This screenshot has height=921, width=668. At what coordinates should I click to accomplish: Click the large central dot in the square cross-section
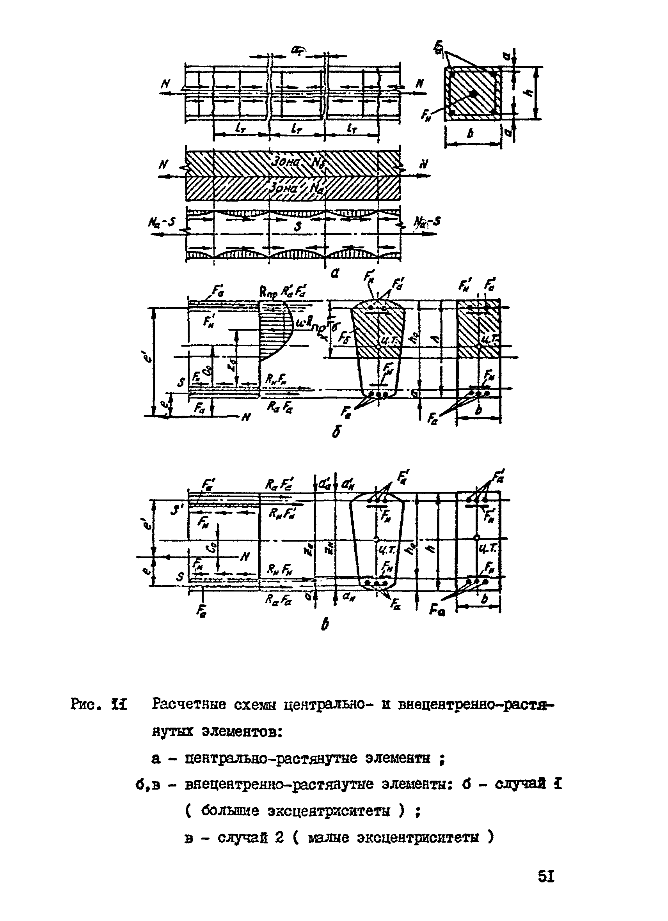point(473,93)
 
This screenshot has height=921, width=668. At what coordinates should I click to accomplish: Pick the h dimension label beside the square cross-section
point(528,92)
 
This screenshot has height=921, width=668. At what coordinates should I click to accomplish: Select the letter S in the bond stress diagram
point(298,226)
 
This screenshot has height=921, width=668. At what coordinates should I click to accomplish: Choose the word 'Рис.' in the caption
point(85,704)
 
